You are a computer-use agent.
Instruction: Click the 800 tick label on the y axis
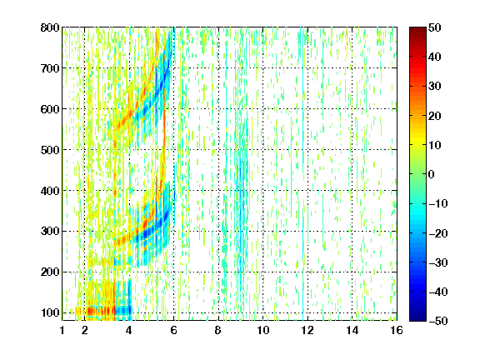(50, 27)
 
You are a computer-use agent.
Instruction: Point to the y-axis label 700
(50, 68)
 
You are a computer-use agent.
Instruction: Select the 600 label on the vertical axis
(50, 109)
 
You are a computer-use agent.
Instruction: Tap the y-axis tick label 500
(50, 150)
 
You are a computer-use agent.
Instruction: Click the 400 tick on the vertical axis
(50, 191)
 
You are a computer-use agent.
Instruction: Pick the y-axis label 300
(50, 232)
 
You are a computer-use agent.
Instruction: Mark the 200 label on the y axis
(50, 272)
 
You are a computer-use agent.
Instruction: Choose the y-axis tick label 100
(50, 312)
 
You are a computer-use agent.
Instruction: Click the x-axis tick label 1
(62, 330)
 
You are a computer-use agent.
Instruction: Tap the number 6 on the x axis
(174, 330)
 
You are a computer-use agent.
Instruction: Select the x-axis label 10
(263, 330)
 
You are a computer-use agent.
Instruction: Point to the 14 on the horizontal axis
(352, 330)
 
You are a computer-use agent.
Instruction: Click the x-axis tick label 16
(397, 330)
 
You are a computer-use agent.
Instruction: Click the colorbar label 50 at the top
(434, 27)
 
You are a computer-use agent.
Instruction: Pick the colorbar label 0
(432, 174)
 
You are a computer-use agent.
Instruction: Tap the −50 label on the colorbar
(438, 321)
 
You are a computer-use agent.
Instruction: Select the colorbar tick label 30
(434, 87)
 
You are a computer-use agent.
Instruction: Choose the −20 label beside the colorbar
(438, 233)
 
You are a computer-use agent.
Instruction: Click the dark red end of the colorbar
(417, 30)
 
